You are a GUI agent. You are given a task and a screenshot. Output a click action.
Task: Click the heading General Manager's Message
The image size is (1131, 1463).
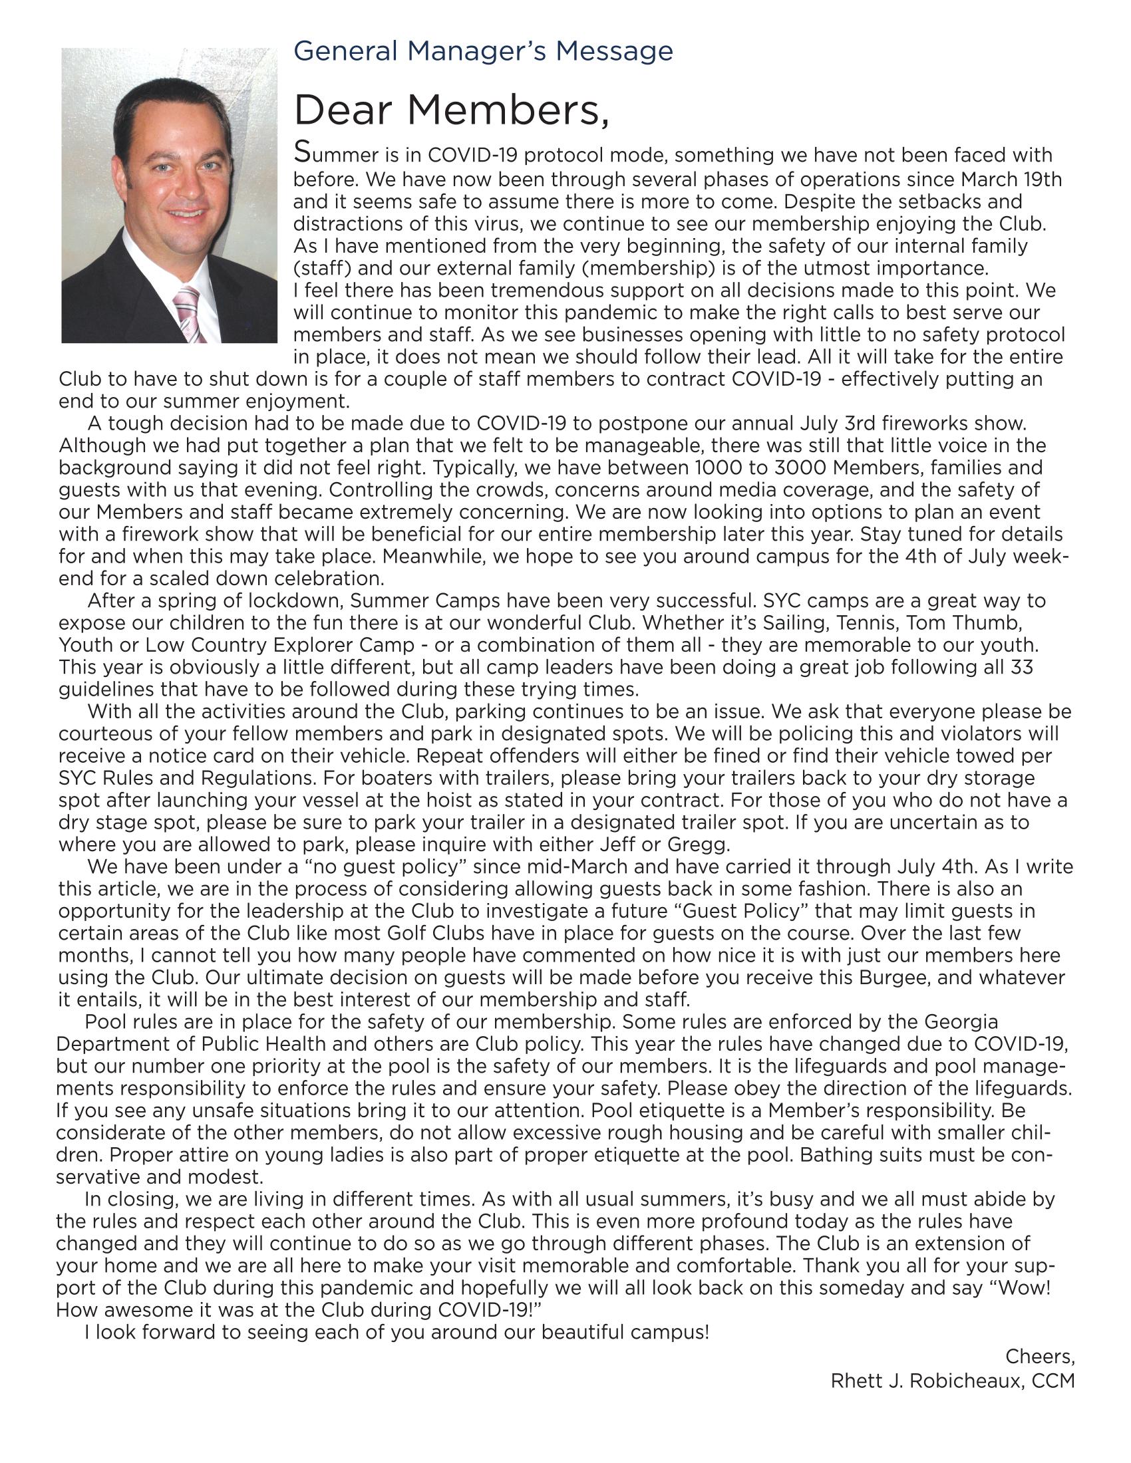click(x=483, y=52)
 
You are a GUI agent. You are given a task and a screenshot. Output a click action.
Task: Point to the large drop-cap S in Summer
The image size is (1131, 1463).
click(x=302, y=153)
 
